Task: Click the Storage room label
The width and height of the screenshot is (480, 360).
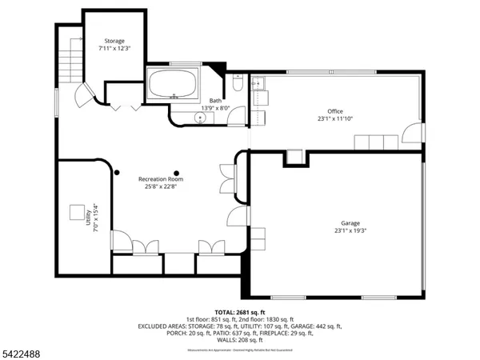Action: click(x=115, y=41)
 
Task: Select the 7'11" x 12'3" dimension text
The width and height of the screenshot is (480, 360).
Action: click(x=115, y=49)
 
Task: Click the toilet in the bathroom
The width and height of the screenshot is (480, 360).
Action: click(x=237, y=82)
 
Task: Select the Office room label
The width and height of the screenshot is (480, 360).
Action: click(x=334, y=111)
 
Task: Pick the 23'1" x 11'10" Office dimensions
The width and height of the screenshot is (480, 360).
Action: click(x=334, y=119)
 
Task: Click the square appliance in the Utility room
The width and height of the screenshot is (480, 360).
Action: click(x=77, y=213)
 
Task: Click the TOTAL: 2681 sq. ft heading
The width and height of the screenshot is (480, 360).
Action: click(x=240, y=312)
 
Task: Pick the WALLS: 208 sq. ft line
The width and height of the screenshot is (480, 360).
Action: click(x=240, y=341)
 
